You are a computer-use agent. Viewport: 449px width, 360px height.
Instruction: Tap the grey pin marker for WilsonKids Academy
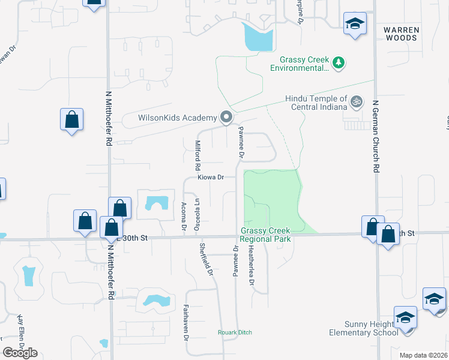click(x=226, y=117)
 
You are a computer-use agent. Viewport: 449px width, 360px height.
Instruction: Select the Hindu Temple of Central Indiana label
click(x=316, y=103)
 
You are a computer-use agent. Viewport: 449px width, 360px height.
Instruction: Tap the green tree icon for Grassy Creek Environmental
click(x=339, y=62)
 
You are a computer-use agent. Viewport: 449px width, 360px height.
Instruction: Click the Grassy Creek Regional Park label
click(x=265, y=235)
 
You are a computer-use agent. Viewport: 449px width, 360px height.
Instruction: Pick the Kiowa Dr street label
click(x=211, y=178)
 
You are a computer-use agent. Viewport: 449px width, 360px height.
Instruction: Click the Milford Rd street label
click(x=197, y=155)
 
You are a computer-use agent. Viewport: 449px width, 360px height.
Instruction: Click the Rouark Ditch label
click(x=235, y=332)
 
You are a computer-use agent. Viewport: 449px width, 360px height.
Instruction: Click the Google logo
click(x=20, y=352)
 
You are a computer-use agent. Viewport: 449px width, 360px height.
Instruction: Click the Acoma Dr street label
click(x=183, y=217)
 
